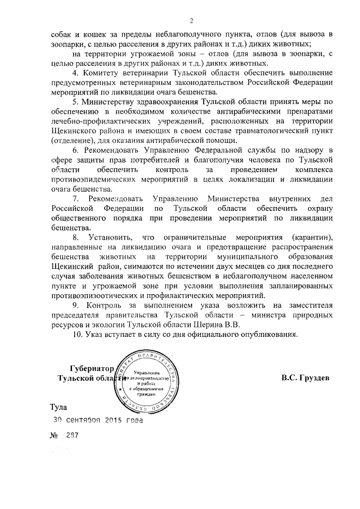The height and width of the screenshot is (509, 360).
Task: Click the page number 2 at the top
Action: click(191, 21)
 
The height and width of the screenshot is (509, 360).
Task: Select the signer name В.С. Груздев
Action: click(305, 378)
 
